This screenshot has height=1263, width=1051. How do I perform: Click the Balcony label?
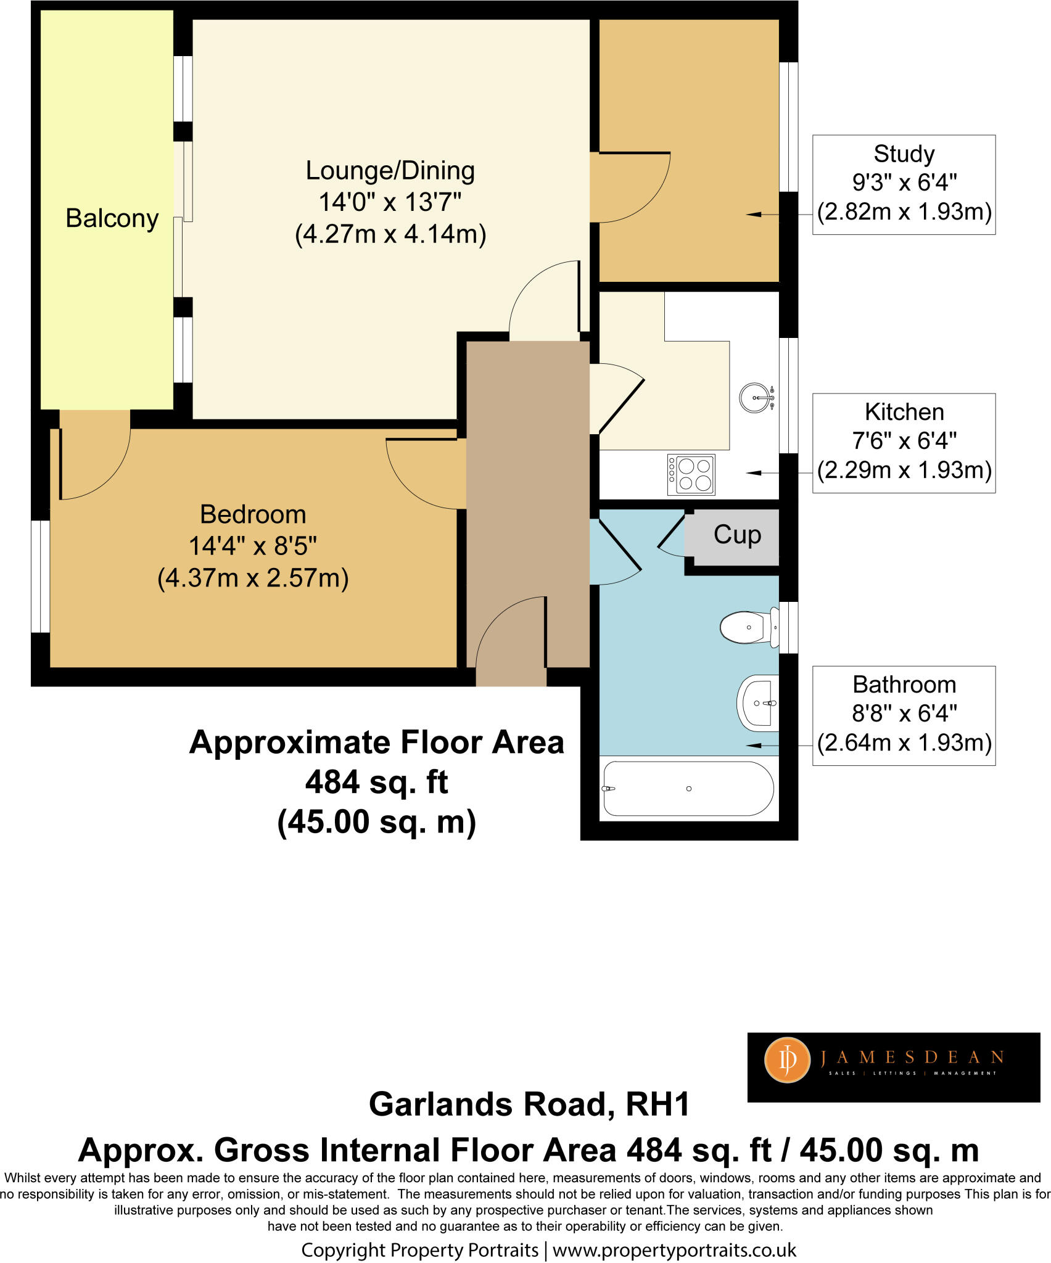coord(112,218)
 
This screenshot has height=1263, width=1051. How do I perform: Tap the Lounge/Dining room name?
coord(390,171)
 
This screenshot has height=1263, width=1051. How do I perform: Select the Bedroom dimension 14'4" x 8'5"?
coord(252,546)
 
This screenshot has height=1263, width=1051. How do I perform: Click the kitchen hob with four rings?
coord(691,475)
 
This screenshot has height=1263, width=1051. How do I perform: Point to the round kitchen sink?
coord(756,398)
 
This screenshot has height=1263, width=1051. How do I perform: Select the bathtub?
coord(688,789)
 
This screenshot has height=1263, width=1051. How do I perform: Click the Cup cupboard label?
coord(737,535)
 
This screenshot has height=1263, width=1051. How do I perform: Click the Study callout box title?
coord(904,154)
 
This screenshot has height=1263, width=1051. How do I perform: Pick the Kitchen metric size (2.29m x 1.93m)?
coord(904,470)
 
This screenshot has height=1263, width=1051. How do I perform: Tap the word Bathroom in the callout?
coord(904,685)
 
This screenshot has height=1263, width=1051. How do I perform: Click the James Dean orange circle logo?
coord(787,1060)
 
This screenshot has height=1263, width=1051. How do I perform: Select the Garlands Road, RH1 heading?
coord(529,1104)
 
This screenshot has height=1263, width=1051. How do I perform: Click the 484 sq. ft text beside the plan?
coord(376,782)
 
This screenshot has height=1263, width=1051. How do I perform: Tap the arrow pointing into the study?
coord(756,214)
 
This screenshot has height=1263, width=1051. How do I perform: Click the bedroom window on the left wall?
coord(40,576)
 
